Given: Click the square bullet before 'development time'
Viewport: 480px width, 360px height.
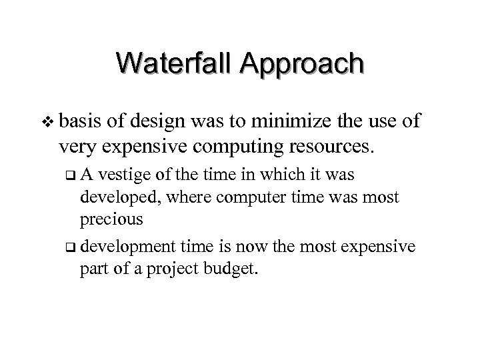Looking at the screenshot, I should [71, 247].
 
